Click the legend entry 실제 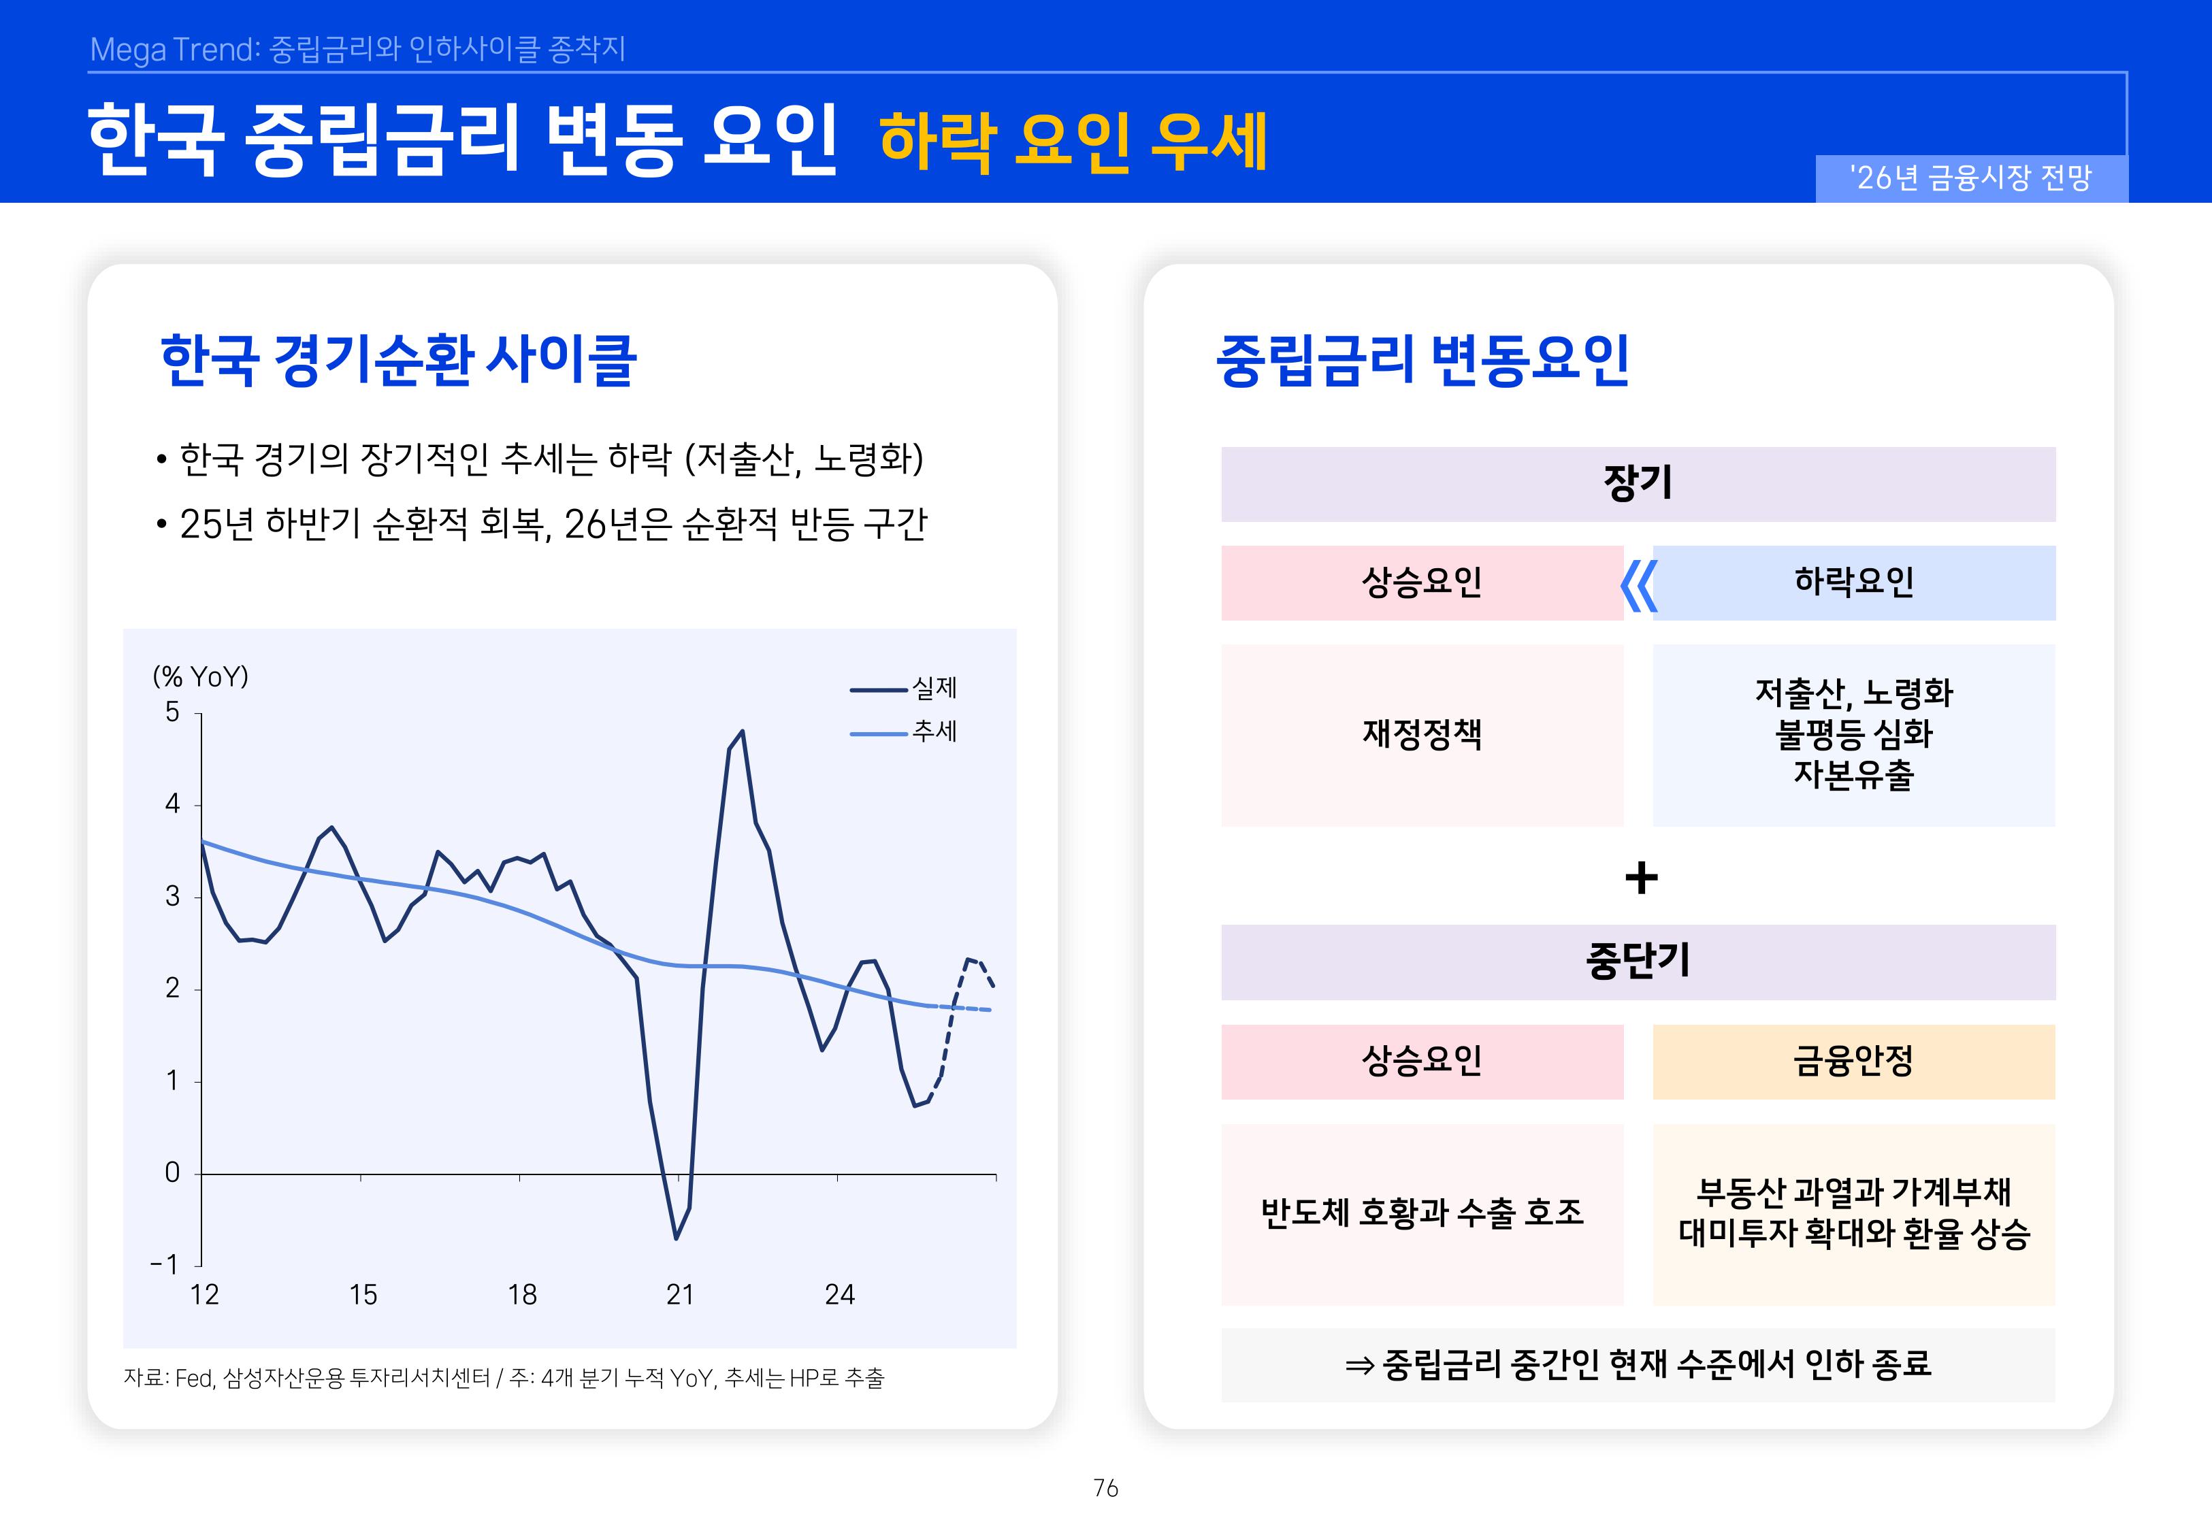(x=932, y=688)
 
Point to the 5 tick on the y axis (x=173, y=712)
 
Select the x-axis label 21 (x=680, y=1295)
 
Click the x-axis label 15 (x=363, y=1295)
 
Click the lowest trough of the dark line (x=677, y=1238)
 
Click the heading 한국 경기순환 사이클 (x=398, y=361)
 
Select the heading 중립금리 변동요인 (x=1422, y=361)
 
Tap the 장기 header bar (x=1638, y=484)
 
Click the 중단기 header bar (x=1638, y=962)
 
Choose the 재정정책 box (x=1422, y=735)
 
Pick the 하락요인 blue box (x=1853, y=582)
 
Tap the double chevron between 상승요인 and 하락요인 (x=1638, y=585)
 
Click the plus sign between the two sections (x=1641, y=878)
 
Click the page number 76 (x=1105, y=1488)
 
